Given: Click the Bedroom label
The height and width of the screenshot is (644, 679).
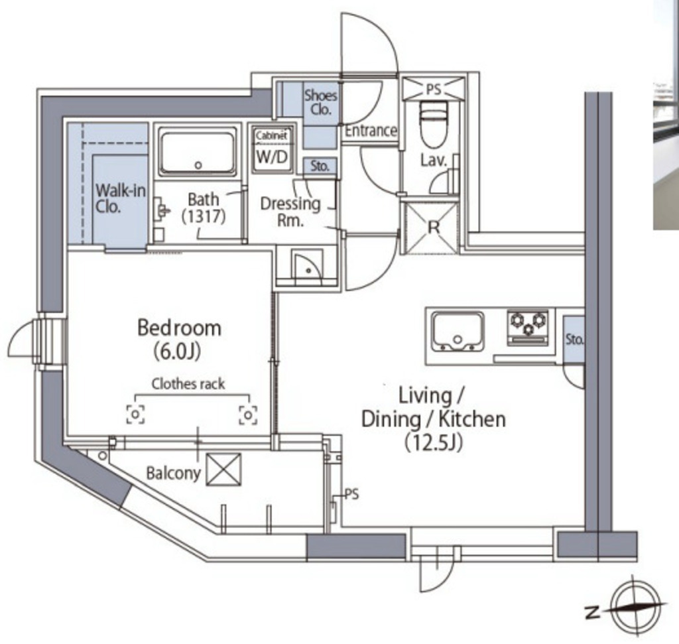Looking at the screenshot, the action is tap(179, 328).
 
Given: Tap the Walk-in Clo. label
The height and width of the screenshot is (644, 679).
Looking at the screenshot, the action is tap(121, 198).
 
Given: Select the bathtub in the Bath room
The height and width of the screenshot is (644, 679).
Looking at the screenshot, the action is tap(198, 152).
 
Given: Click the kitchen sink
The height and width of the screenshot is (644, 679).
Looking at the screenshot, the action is tap(458, 332).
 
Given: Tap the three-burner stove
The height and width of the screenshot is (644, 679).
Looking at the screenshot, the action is tap(528, 328).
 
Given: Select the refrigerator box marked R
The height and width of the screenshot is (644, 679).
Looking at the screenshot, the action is tap(430, 227).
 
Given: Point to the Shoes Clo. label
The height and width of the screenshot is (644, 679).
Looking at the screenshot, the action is tap(320, 102).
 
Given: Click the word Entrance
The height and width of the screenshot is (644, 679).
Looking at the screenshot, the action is tap(371, 131).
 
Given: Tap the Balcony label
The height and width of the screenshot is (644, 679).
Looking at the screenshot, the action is tap(173, 473).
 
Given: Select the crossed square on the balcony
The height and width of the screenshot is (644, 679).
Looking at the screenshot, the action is tap(223, 470).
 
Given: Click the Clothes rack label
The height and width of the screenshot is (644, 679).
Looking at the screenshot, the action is tap(188, 384).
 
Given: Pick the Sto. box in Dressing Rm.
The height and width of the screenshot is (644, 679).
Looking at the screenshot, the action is tap(320, 166).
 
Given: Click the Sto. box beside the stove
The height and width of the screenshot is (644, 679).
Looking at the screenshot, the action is tap(574, 339).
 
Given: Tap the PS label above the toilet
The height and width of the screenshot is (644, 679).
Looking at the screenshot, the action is tap(434, 89).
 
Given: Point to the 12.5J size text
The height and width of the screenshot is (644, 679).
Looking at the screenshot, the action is tap(434, 442).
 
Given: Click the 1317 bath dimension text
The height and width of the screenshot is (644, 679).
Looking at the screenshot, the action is tap(204, 216).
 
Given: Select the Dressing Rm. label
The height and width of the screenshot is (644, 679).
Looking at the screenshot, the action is tap(290, 212).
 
